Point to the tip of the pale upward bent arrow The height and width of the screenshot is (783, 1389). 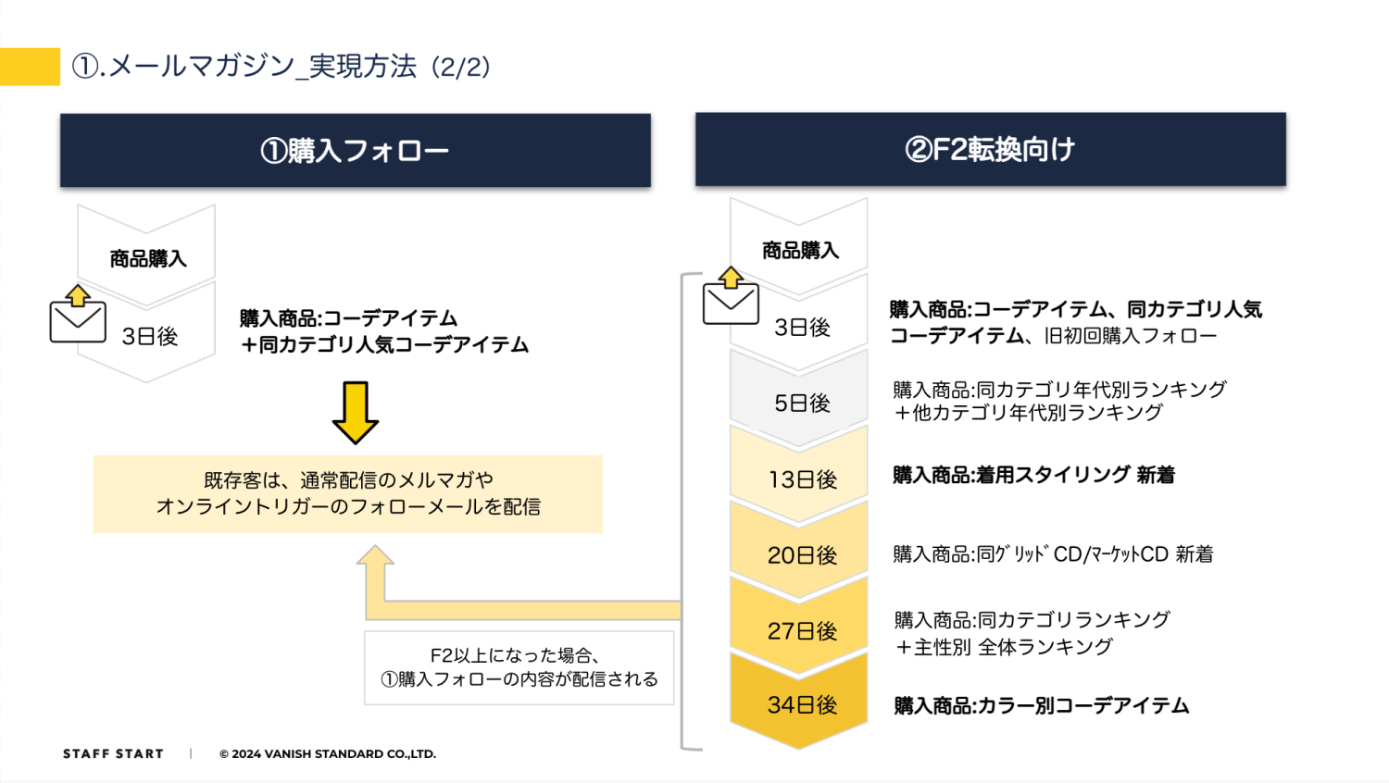[x=375, y=545]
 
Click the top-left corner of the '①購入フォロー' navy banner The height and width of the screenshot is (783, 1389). [x=60, y=114]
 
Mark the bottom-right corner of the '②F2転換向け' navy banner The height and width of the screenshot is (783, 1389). [x=1286, y=185]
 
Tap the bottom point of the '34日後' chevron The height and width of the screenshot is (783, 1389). [x=798, y=749]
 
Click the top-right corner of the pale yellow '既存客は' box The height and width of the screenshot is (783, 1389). [x=603, y=455]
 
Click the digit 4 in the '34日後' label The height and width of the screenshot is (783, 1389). [x=790, y=705]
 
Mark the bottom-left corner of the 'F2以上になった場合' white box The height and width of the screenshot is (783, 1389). [x=364, y=705]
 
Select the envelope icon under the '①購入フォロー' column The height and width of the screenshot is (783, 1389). [x=78, y=314]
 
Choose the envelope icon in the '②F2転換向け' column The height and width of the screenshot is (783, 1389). [x=731, y=296]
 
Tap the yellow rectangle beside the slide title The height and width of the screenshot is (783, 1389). [x=30, y=67]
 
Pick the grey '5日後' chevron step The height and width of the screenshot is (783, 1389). [x=798, y=399]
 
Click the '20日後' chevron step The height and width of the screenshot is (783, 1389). [x=798, y=551]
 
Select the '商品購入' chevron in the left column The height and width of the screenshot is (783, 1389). [x=146, y=255]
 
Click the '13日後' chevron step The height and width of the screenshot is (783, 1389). [x=798, y=475]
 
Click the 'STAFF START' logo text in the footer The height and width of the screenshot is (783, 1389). [x=114, y=754]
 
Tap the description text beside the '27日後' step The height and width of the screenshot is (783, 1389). [x=1032, y=633]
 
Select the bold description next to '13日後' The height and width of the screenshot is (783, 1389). [x=1033, y=475]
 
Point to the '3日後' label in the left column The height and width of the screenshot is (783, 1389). [x=150, y=336]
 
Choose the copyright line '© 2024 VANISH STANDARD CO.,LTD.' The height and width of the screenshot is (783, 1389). [x=328, y=754]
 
